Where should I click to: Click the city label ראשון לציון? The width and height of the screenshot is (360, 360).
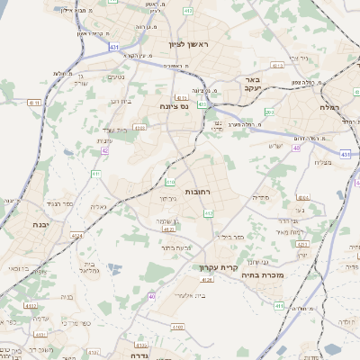187,44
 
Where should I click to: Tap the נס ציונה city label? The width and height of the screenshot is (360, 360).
173,106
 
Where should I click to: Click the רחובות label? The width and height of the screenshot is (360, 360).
197,192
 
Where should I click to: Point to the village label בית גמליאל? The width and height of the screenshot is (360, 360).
87,270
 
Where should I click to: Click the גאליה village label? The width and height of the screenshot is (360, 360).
97,207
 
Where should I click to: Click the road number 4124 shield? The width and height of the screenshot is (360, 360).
77,236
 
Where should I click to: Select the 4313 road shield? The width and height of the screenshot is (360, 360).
276,65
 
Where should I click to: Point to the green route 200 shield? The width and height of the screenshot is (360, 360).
269,112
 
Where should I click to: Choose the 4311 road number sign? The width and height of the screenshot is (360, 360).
183,98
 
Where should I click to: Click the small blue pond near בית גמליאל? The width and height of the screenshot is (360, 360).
113,267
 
